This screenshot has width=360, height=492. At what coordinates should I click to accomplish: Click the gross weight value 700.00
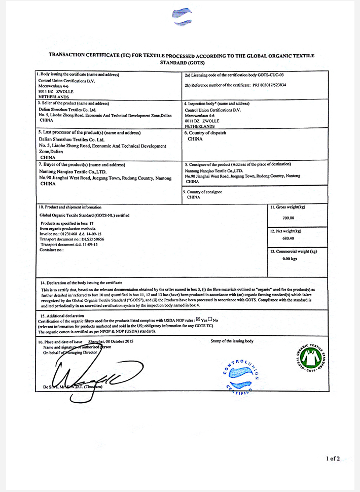pos(288,218)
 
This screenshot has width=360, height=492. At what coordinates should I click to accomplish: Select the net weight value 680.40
pos(288,238)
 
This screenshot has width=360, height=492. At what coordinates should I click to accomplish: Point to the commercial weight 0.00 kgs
pos(290,259)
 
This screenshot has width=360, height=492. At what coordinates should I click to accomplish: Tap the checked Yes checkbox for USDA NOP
pos(198,320)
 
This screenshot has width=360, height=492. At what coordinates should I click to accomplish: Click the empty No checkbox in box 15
pos(210,320)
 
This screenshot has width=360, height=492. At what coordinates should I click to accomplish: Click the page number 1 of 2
pos(333,459)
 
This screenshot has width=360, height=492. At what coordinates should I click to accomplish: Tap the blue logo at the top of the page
pos(182,16)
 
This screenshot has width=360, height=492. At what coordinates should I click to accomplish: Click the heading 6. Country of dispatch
pos(205,133)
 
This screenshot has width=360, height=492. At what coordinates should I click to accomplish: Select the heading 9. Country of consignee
pos(204,192)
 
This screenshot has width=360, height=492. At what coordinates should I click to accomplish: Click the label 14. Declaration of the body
pos(81,283)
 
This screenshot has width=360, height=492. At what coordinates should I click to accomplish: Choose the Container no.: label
pos(52,250)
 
